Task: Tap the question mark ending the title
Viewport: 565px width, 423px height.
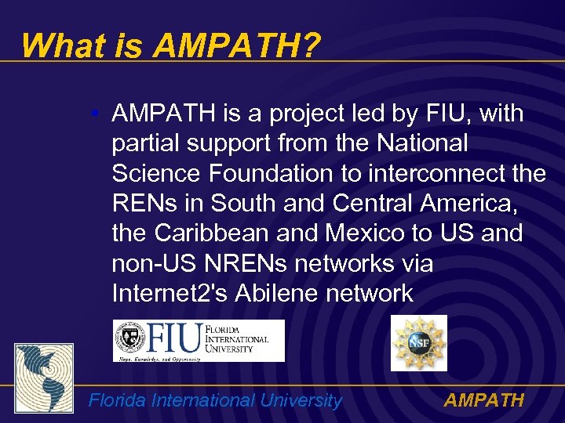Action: (311, 45)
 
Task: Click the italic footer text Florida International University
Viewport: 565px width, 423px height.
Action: (215, 401)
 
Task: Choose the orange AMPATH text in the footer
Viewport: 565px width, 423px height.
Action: (483, 401)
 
